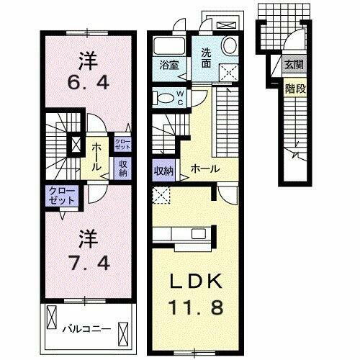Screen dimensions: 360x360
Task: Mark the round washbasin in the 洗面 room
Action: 230,45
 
